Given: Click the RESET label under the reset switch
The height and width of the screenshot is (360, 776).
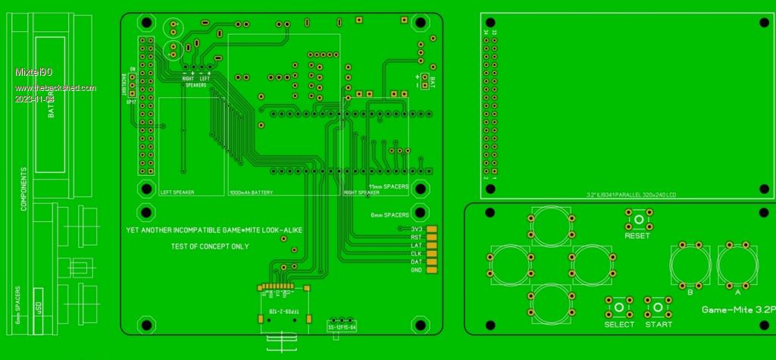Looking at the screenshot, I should (637, 236).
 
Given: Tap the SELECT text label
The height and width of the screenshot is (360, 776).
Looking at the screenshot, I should (619, 324).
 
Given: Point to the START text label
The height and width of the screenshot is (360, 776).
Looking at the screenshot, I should (659, 324).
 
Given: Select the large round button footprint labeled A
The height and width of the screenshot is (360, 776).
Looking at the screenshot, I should (738, 265).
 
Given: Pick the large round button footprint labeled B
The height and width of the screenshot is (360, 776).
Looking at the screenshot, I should (690, 265).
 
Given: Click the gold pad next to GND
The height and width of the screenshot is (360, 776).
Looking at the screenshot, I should (433, 270).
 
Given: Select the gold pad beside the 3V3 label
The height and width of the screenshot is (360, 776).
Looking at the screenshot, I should (433, 228).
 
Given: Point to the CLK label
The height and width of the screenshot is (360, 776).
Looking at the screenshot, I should (416, 253).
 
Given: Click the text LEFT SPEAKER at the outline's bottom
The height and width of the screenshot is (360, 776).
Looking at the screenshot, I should (177, 193).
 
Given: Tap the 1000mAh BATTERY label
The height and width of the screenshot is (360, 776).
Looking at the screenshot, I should (250, 193).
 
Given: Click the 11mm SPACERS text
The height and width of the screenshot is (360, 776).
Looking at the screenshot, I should (388, 186).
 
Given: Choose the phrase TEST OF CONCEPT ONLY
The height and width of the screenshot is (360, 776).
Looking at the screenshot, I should (210, 246).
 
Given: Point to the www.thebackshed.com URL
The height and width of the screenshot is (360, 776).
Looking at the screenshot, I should (55, 88).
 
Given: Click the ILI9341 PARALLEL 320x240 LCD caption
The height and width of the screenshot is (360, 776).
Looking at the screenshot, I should (631, 195).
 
